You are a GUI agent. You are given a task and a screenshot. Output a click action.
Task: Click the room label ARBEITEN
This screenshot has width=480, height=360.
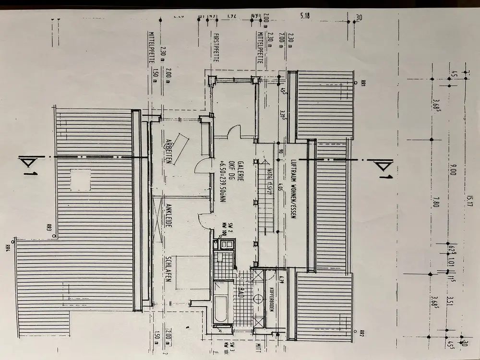(x=169, y=152)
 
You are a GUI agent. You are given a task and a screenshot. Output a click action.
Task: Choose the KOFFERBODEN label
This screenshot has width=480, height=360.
(x=272, y=299)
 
